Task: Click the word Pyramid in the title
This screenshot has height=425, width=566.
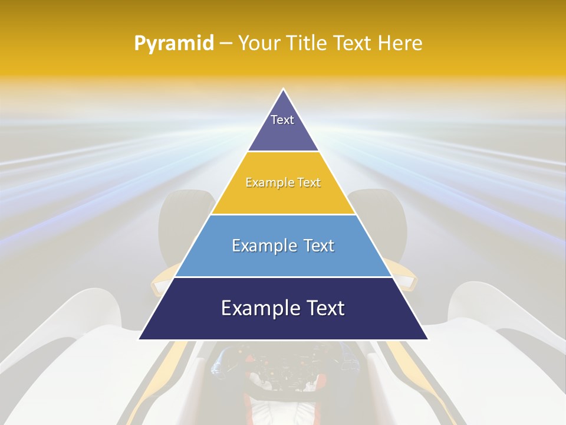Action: (173, 44)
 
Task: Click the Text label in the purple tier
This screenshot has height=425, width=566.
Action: (282, 120)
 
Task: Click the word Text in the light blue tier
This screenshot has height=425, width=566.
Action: (319, 246)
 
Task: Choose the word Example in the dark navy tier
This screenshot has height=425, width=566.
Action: (257, 308)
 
